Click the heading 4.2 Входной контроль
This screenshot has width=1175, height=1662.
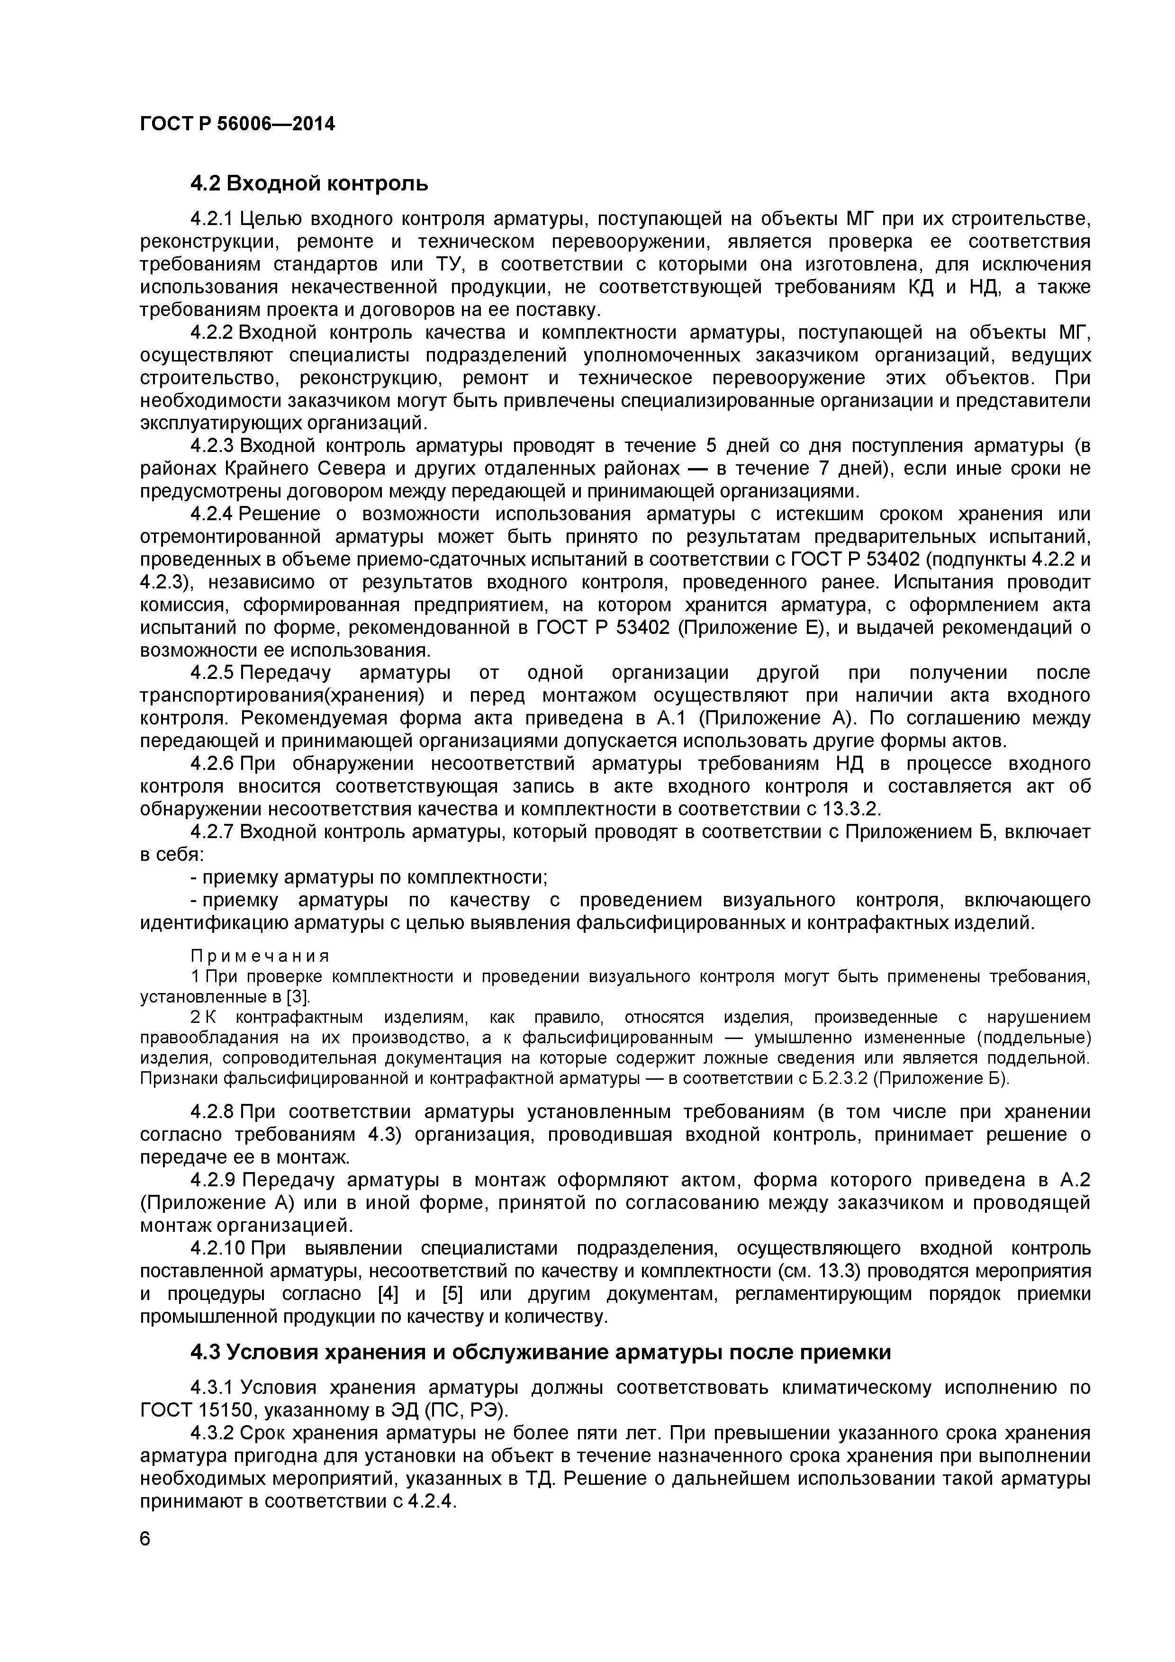(309, 184)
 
